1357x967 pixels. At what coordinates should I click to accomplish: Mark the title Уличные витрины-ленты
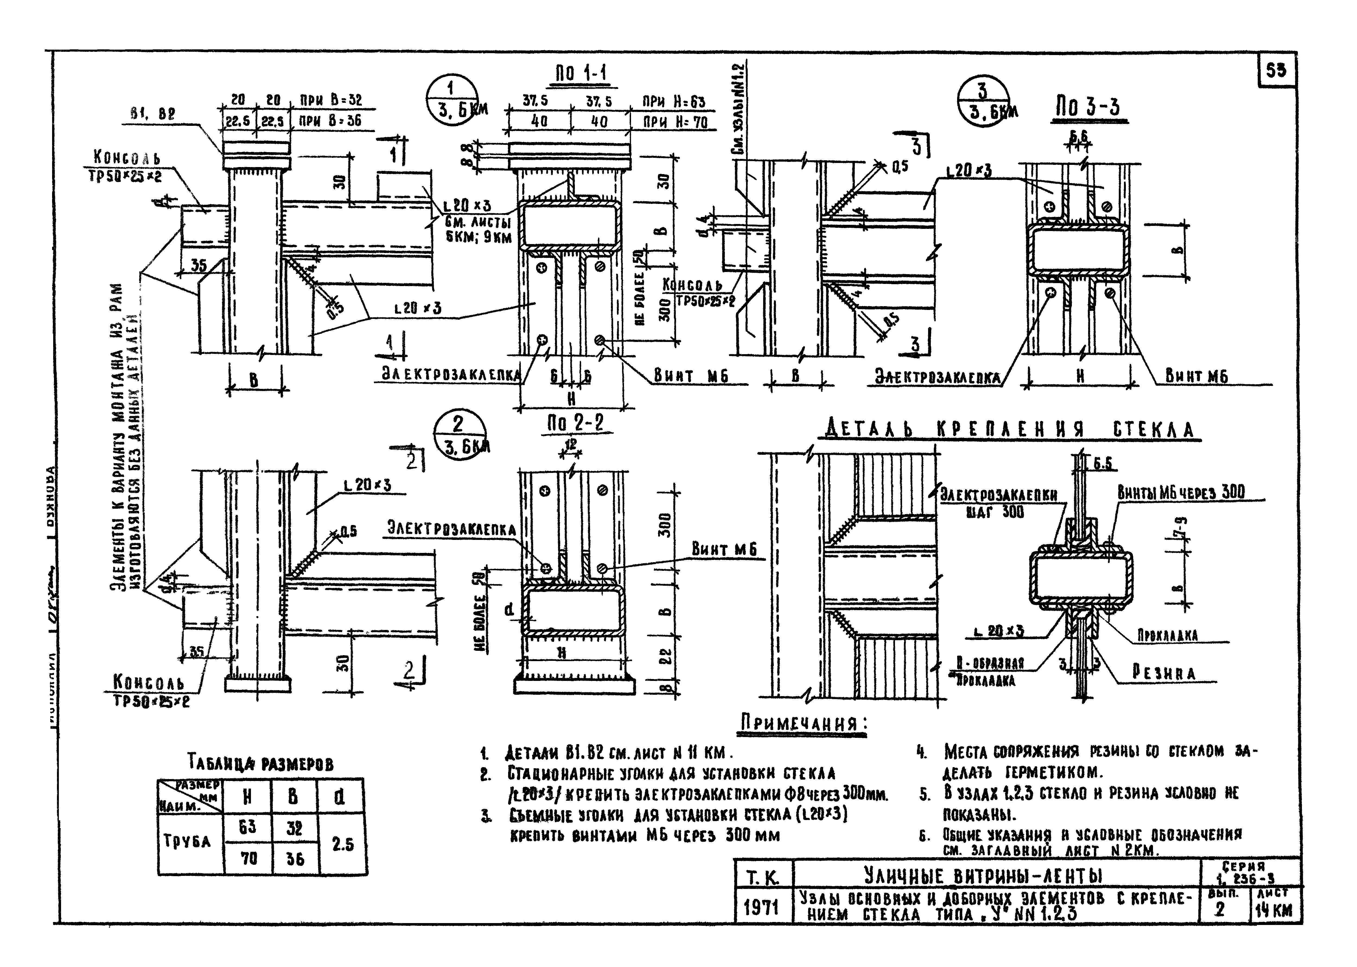coord(983,875)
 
